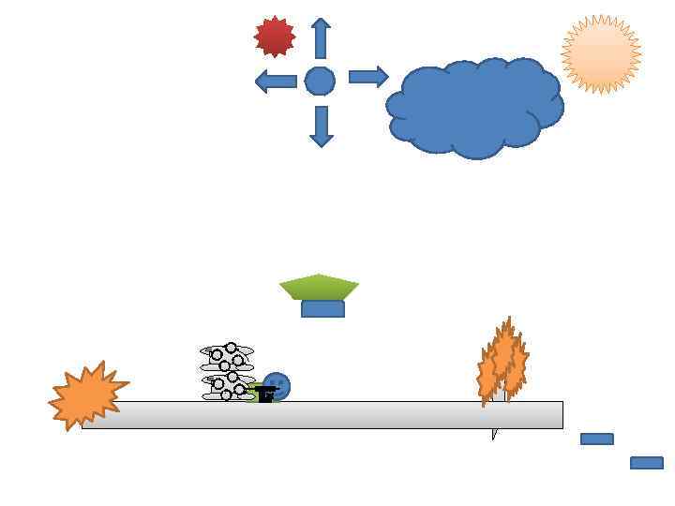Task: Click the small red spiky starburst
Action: (275, 37)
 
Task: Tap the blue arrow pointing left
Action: (276, 82)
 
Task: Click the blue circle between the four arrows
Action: (320, 82)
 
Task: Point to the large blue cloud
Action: (474, 107)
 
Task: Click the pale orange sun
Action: (601, 54)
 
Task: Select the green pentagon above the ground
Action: (319, 286)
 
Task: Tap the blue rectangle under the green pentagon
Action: (322, 309)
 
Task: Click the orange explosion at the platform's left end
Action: (86, 395)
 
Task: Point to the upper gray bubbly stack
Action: (227, 357)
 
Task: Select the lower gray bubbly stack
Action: (227, 386)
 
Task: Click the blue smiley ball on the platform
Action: (277, 384)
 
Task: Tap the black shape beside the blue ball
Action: (266, 394)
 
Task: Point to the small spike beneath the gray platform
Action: (494, 434)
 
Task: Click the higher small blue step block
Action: (597, 439)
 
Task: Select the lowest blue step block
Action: (647, 463)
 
